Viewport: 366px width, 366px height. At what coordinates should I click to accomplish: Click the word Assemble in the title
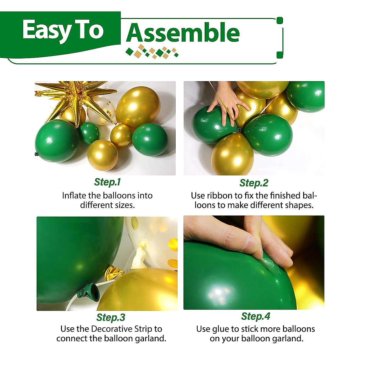tap(183, 33)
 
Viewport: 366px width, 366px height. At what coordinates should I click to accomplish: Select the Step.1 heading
tap(107, 182)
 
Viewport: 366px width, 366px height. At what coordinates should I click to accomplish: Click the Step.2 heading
tap(254, 183)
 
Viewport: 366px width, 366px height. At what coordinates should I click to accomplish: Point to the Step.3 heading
tap(111, 318)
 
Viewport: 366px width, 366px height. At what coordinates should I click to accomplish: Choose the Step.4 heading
tap(256, 316)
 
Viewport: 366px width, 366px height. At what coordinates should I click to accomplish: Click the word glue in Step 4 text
tap(221, 329)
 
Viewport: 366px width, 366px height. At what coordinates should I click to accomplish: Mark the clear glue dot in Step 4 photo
tap(268, 262)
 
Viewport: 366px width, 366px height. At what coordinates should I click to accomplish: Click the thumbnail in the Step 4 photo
tap(252, 244)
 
